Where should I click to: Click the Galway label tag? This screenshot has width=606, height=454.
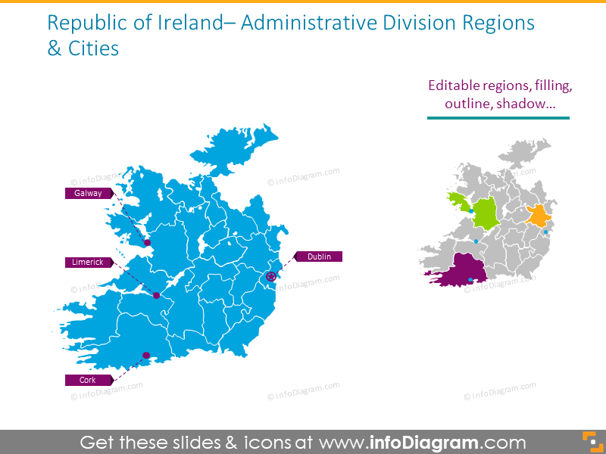pyautogui.click(x=88, y=193)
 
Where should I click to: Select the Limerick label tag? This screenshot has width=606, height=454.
pyautogui.click(x=88, y=262)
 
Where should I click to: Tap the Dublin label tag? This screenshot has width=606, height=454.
pyautogui.click(x=319, y=257)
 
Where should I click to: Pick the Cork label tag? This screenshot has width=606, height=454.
pyautogui.click(x=88, y=380)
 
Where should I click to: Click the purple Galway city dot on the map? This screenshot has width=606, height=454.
pyautogui.click(x=148, y=243)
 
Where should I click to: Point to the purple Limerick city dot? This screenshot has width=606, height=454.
pyautogui.click(x=157, y=295)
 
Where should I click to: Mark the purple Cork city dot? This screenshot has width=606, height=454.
pyautogui.click(x=146, y=355)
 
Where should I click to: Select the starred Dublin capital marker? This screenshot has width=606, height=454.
pyautogui.click(x=270, y=277)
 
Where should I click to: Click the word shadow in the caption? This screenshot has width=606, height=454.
pyautogui.click(x=523, y=104)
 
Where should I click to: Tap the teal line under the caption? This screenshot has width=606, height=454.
pyautogui.click(x=498, y=118)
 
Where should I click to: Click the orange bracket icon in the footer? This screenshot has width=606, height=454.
pyautogui.click(x=588, y=442)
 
